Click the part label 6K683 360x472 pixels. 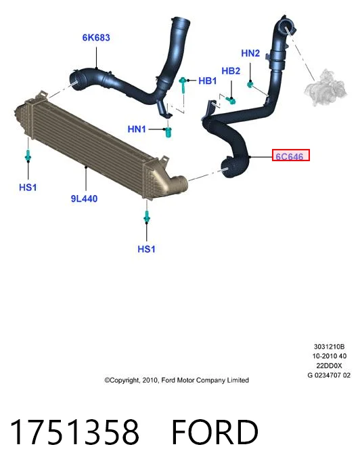click(96, 38)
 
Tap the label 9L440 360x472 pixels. click(84, 198)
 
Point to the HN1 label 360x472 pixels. click(137, 129)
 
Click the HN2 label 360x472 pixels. click(250, 53)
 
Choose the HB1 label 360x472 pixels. click(208, 81)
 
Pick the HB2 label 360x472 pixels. click(231, 71)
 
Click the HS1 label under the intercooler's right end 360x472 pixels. click(146, 249)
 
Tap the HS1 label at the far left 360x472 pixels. click(28, 187)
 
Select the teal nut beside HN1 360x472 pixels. click(168, 132)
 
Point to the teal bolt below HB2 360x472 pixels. click(231, 100)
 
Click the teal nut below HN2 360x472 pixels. click(250, 84)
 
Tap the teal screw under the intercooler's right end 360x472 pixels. click(147, 217)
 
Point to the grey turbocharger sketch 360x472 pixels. click(325, 87)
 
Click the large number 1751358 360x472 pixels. click(74, 432)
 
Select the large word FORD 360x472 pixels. click(215, 432)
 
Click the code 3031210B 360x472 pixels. click(329, 347)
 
